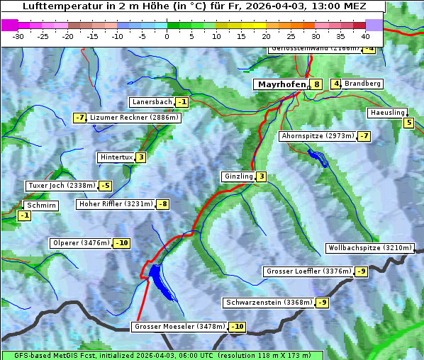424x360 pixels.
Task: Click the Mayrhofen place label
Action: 281,84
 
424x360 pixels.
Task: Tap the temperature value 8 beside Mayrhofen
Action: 316,84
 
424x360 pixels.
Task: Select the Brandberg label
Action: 363,84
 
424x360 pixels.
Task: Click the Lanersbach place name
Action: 152,102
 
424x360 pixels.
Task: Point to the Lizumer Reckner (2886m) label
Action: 134,118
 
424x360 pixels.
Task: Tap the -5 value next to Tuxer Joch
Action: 105,186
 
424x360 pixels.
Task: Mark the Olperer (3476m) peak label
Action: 81,243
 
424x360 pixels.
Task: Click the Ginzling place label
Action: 238,176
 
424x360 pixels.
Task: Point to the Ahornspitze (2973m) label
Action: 317,135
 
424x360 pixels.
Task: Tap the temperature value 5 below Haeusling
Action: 408,123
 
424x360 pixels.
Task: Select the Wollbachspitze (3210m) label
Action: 369,248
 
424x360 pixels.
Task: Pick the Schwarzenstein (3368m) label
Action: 268,303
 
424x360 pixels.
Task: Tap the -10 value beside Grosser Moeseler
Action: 237,327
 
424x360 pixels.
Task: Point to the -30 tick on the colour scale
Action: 18,35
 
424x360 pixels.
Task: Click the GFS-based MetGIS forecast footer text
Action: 162,355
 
